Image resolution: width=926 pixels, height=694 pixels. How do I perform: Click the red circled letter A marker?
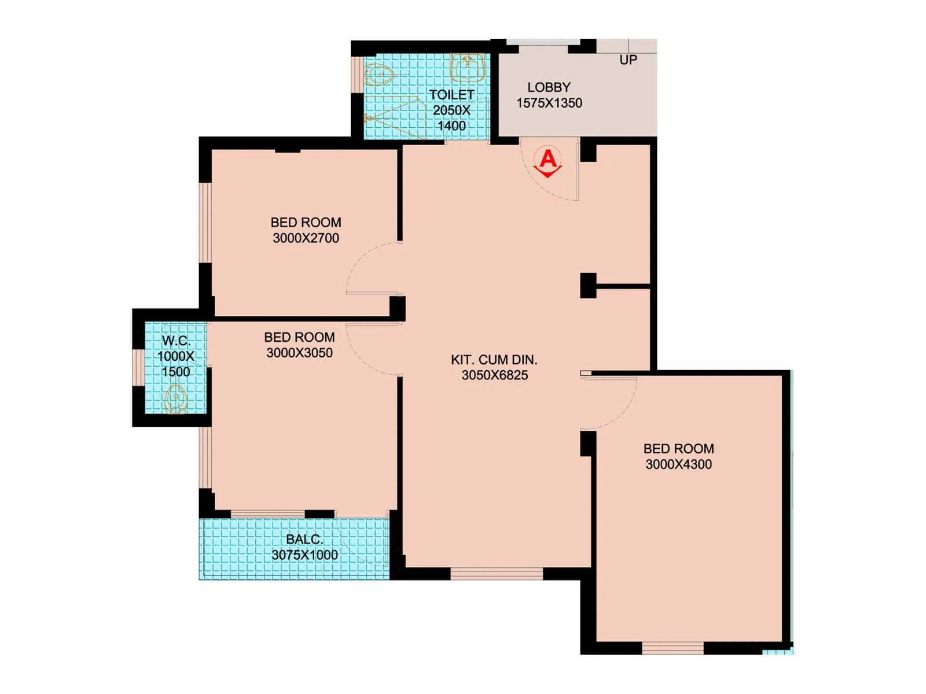(x=547, y=158)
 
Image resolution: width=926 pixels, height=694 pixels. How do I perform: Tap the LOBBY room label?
(x=549, y=87)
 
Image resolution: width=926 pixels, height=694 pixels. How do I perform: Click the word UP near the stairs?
(x=628, y=60)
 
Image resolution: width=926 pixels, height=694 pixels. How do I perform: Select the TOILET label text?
(x=451, y=95)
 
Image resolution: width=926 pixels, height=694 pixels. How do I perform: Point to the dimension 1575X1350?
(x=549, y=104)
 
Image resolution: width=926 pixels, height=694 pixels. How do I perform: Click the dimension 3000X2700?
(x=306, y=238)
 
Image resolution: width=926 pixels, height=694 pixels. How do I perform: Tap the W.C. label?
(x=176, y=341)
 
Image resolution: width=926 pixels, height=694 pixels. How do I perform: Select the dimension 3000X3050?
(x=299, y=353)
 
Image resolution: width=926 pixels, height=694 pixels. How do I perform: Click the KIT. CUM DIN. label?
(x=494, y=360)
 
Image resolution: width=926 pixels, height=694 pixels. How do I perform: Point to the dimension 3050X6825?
(x=494, y=375)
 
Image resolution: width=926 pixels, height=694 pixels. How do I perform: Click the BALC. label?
(x=304, y=539)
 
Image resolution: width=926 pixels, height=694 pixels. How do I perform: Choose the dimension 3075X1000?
(x=304, y=555)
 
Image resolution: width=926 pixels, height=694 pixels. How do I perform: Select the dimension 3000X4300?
(x=678, y=464)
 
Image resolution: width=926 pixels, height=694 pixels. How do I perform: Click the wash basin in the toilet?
(x=468, y=68)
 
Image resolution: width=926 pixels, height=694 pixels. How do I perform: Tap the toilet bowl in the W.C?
(x=175, y=400)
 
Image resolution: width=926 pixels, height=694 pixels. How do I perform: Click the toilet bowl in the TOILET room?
(x=379, y=75)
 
